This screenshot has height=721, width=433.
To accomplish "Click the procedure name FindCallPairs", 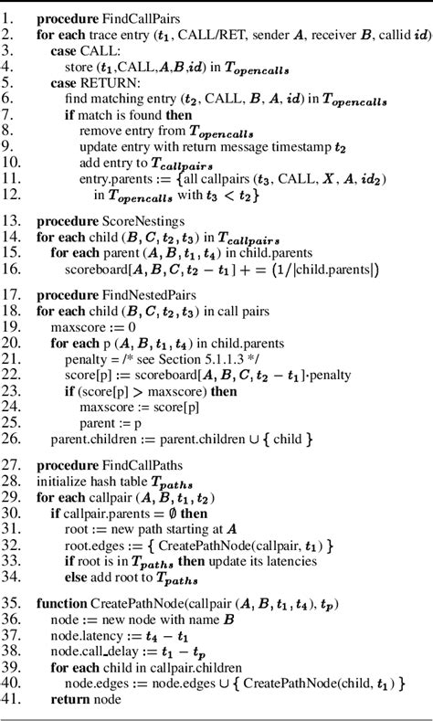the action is point(126,18).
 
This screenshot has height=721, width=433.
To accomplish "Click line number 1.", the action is point(9,18).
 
